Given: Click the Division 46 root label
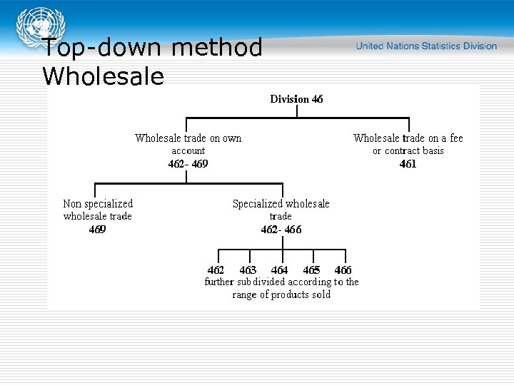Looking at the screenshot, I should tap(296, 99).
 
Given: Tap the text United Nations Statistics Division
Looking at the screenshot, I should tap(426, 46).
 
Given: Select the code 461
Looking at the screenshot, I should tap(408, 164).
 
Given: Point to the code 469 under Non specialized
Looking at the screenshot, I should tap(98, 230).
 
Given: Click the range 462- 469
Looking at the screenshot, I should tap(188, 164).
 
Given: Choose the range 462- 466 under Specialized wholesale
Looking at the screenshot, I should tap(281, 230).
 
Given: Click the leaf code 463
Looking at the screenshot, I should tap(248, 270).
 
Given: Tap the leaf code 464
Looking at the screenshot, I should tap(280, 270).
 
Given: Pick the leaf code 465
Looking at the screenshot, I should tap(311, 270).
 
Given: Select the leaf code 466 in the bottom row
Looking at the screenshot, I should tap(343, 270).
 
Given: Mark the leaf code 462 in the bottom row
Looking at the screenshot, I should tap(216, 270).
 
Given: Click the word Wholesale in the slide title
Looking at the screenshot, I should tap(103, 76).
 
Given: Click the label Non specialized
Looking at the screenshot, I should tap(98, 204).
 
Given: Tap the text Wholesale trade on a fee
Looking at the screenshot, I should tap(408, 138).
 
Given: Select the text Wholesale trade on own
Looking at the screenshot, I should tap(188, 138).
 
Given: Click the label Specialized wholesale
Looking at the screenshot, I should tap(281, 204).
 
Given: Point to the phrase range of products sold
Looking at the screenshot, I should tap(281, 294).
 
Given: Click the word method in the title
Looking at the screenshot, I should tap(217, 48).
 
